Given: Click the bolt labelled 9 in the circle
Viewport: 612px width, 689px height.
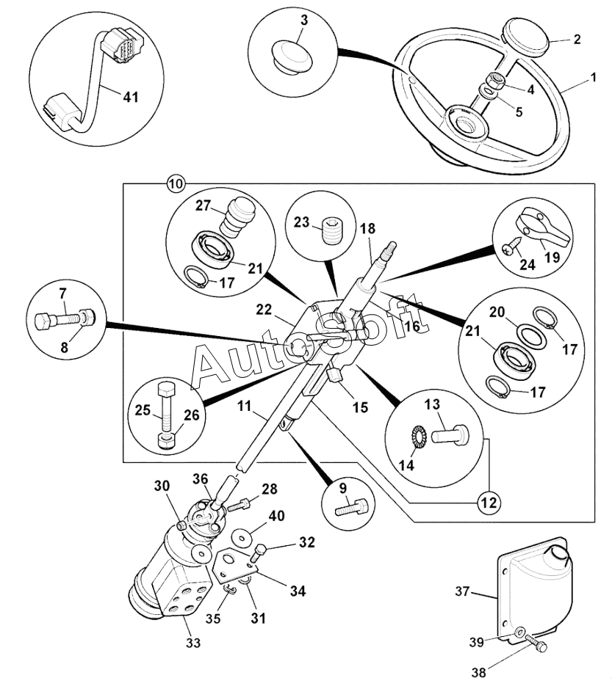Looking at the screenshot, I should pyautogui.click(x=348, y=507).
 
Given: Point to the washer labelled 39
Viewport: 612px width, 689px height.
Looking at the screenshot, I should pyautogui.click(x=519, y=631).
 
